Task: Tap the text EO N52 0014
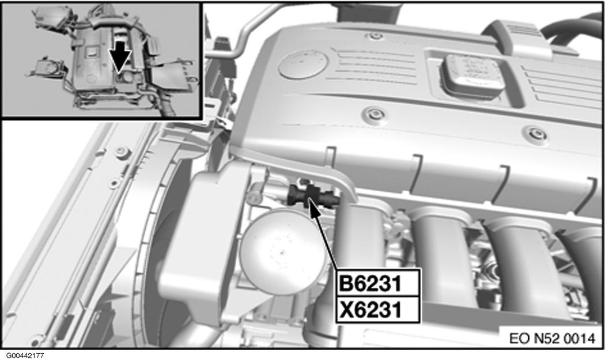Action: click(552, 339)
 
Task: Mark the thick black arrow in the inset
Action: click(120, 56)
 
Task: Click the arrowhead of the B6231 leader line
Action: click(312, 204)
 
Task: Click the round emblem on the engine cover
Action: click(303, 65)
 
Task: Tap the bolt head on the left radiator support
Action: click(123, 152)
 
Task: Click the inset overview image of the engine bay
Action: click(101, 60)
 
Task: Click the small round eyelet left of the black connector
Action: click(254, 198)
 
